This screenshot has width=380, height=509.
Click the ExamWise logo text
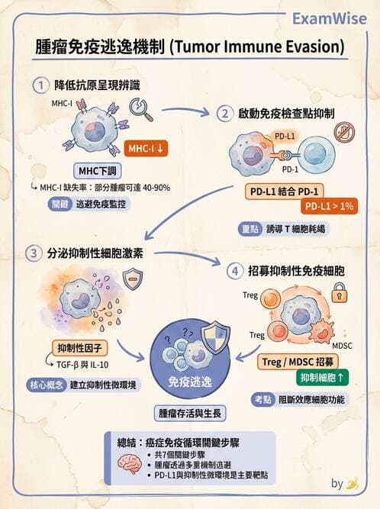330,19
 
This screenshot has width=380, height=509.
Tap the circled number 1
41,85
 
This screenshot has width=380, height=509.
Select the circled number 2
225,114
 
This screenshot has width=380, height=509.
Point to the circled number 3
34,253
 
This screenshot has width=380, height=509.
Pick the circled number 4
235,271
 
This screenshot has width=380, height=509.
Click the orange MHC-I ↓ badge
146,149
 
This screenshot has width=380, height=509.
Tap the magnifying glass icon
141,109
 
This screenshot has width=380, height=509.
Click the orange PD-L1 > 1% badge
329,206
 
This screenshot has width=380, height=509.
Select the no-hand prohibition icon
344,133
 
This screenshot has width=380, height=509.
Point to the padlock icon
339,292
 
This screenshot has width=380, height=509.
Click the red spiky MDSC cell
322,331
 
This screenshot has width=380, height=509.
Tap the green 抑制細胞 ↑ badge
322,378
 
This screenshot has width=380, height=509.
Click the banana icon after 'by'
353,483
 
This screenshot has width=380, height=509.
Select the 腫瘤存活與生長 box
190,414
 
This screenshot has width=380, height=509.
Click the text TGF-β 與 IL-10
82,365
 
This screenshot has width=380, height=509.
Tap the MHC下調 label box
98,171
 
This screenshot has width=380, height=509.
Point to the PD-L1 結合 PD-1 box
285,192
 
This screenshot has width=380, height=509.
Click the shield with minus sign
133,279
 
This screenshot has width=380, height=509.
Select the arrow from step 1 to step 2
185,111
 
